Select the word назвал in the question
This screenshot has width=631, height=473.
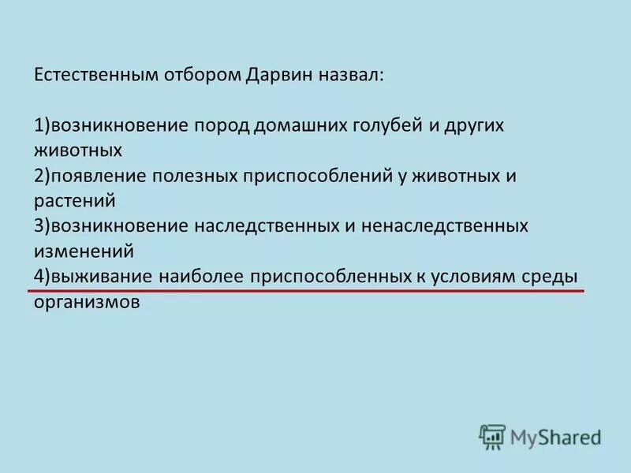349,75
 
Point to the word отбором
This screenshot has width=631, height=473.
203,75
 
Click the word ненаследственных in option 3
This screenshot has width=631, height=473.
445,226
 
